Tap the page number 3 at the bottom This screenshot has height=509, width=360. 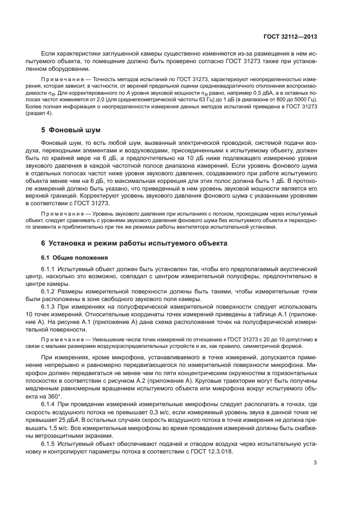[x=315, y=463]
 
